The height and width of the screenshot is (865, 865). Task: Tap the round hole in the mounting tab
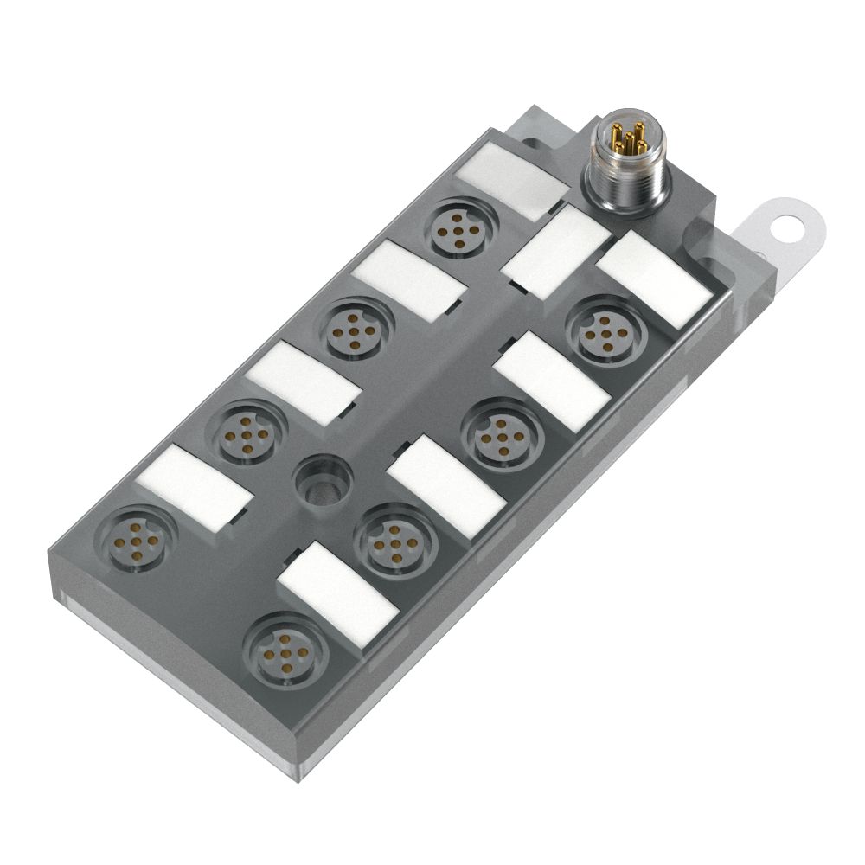(788, 228)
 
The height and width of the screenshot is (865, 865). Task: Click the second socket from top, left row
(355, 330)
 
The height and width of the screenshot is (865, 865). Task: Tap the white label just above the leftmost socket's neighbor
(302, 381)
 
